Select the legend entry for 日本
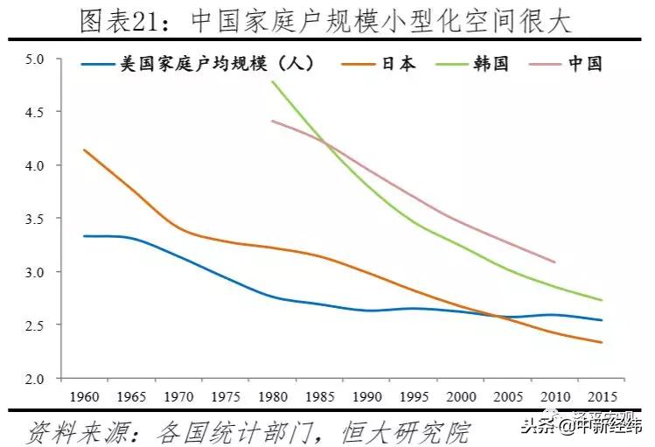(x=397, y=64)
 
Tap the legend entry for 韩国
(x=490, y=64)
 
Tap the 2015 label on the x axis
(x=602, y=395)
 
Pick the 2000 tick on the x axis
(x=460, y=395)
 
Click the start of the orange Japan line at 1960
(x=84, y=150)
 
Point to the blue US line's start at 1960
(x=84, y=236)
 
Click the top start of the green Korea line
(x=273, y=81)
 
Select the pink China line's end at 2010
(x=554, y=262)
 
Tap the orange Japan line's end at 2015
(x=601, y=342)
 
